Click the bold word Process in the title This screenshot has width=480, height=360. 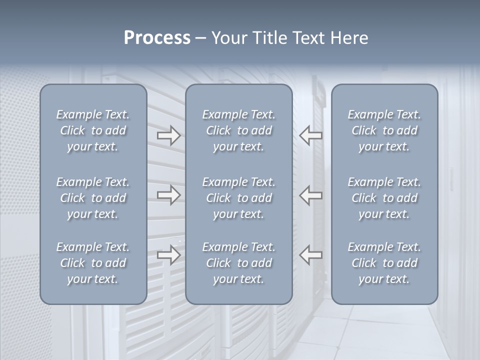(157, 38)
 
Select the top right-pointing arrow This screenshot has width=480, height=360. (168, 135)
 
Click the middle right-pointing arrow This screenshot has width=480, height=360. (168, 194)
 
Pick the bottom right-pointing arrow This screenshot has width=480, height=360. (168, 255)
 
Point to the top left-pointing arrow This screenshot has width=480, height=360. (311, 135)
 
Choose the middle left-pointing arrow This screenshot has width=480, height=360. (311, 194)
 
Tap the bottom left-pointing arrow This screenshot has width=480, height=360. (311, 255)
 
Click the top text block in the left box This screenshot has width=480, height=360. (93, 130)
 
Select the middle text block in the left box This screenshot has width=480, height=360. (93, 198)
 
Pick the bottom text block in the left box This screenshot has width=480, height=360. (93, 263)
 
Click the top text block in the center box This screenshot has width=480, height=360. (239, 130)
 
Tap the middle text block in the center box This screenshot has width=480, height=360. (239, 198)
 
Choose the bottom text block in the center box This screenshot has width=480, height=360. (239, 263)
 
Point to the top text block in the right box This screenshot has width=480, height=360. (384, 130)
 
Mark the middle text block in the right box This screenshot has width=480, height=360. (384, 198)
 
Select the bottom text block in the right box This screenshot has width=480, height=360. (384, 263)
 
